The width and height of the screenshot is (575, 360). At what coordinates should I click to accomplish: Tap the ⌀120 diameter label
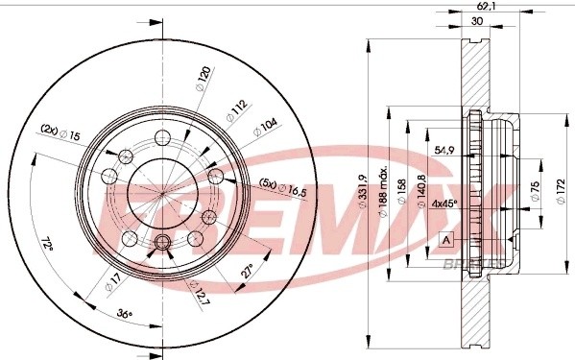(x=204, y=77)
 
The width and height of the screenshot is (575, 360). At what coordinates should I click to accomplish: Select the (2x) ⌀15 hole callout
(x=60, y=132)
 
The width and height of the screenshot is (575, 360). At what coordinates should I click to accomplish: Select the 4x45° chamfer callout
(x=443, y=204)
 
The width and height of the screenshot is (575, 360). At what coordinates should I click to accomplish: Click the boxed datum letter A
(x=444, y=240)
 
